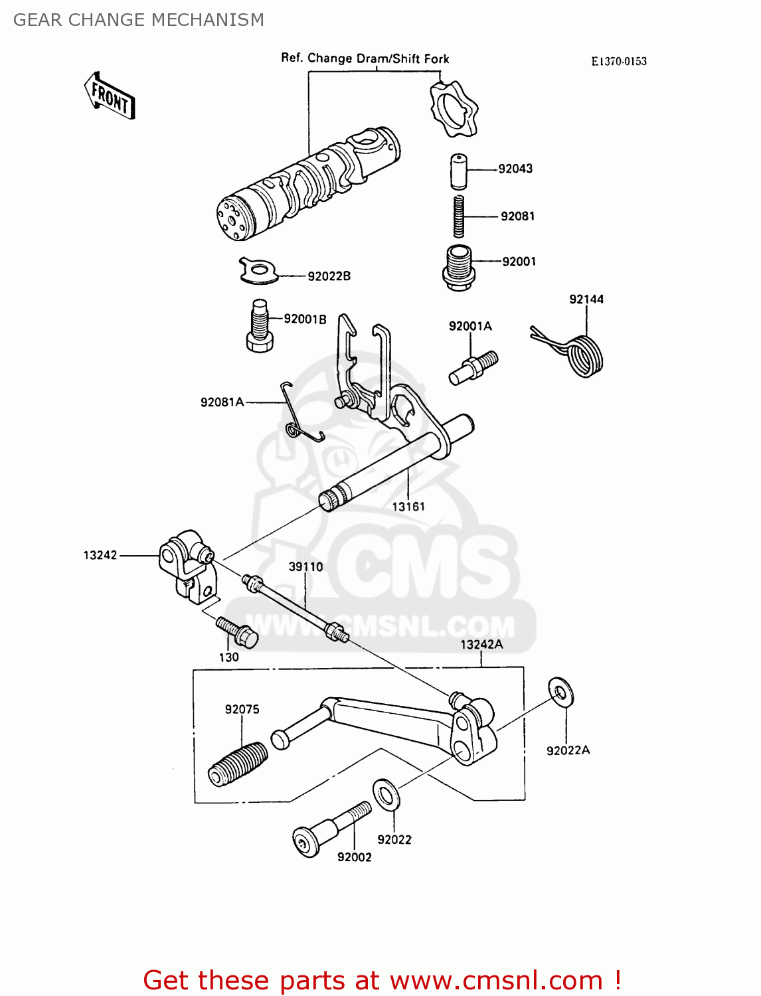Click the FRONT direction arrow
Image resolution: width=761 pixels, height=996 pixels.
(x=110, y=97)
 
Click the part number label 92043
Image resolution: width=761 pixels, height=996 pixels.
(x=515, y=169)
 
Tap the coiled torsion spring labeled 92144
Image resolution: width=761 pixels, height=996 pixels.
(x=583, y=357)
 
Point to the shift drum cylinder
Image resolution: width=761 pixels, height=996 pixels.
(x=309, y=183)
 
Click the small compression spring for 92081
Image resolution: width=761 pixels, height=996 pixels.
(x=459, y=216)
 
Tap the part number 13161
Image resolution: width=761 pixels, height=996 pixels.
(x=408, y=507)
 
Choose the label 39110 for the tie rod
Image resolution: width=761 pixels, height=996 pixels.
(x=305, y=566)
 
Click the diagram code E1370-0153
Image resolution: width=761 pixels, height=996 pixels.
(x=619, y=61)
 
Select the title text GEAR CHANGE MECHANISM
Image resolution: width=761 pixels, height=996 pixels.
(x=139, y=20)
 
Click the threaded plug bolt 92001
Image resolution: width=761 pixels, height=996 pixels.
(x=458, y=266)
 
